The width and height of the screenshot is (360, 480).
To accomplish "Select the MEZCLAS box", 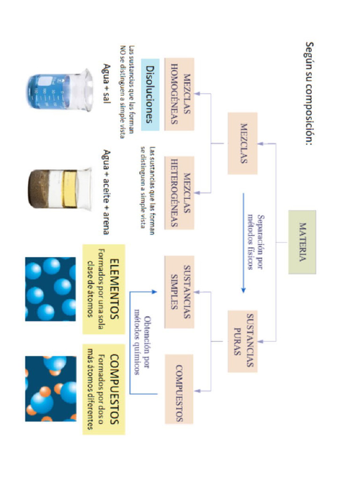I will click(x=242, y=143).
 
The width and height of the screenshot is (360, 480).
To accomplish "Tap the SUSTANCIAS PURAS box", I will click(x=242, y=341).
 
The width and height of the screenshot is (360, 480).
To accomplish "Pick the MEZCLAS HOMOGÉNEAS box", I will click(x=179, y=94).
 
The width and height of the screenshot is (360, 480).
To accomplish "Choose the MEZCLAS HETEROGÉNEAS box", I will click(x=179, y=193).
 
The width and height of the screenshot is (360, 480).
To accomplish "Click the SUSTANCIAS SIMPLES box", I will click(x=179, y=292).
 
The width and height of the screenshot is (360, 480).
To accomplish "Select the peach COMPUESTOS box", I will click(x=179, y=389).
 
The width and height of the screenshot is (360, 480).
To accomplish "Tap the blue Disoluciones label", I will click(x=150, y=94).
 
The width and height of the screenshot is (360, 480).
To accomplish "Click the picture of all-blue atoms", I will click(x=51, y=289).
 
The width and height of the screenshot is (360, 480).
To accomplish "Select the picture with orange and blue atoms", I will click(x=51, y=389).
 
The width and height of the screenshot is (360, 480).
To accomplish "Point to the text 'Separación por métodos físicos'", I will click(x=256, y=242).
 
